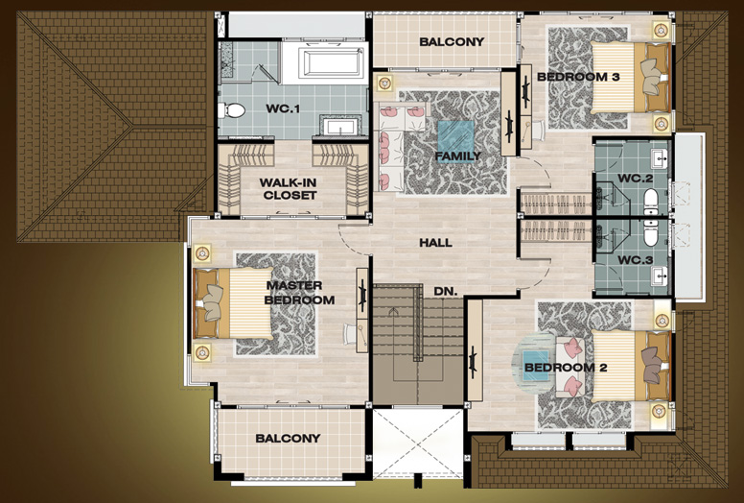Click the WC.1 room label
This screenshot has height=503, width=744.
283,108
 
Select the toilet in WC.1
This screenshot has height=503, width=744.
231,110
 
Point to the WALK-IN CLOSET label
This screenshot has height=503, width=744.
288,188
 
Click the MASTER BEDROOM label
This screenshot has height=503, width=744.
299,293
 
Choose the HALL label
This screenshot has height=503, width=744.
435,243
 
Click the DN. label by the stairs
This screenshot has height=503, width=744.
446,291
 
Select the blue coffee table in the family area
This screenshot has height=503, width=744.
455,141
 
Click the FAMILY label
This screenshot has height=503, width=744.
458,156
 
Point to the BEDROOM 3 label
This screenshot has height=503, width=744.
578,77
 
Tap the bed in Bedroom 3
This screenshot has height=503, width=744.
631,77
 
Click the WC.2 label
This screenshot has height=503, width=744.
636,179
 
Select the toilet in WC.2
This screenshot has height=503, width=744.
651,201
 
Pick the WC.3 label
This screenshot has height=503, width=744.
636,260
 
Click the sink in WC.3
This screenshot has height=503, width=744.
659,275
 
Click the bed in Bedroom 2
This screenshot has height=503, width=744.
631,366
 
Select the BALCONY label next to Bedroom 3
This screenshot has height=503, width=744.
452,42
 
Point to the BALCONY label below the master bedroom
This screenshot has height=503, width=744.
288,439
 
